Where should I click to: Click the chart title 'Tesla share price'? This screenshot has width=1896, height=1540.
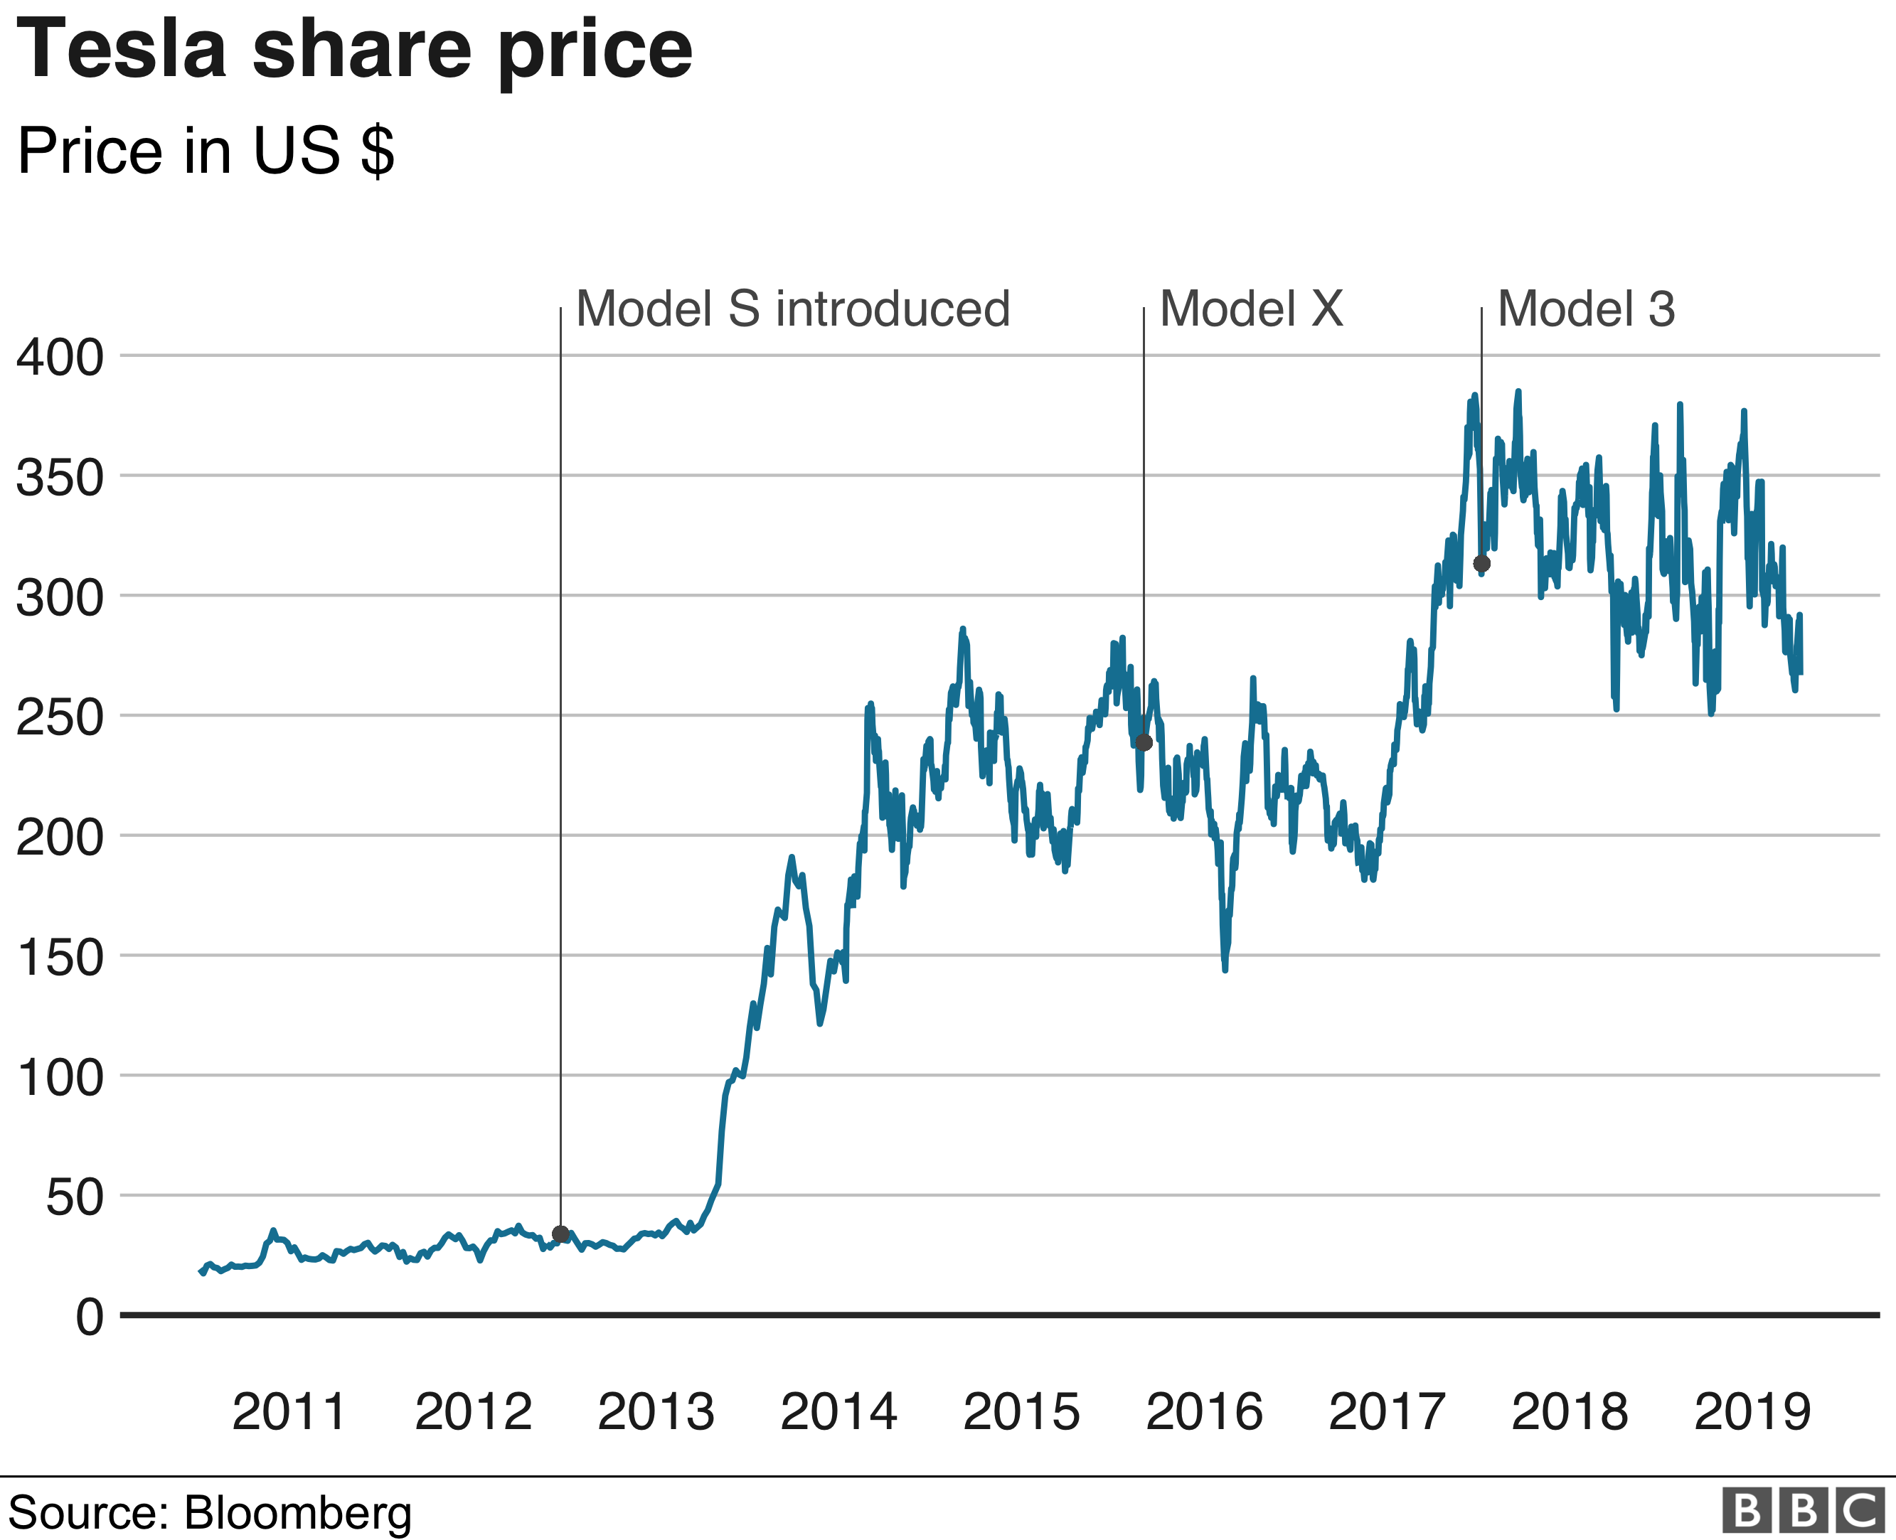[x=354, y=50]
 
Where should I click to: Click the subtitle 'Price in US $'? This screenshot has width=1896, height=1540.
[x=205, y=151]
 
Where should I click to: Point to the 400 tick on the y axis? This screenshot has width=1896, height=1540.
[x=60, y=358]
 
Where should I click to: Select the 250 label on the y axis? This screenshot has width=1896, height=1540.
[x=60, y=717]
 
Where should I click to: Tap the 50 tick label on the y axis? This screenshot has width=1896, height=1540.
[x=75, y=1197]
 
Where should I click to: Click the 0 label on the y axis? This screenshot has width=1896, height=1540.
[x=90, y=1317]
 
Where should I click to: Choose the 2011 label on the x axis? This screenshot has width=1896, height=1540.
[x=289, y=1411]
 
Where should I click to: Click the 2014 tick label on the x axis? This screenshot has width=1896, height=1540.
[x=838, y=1411]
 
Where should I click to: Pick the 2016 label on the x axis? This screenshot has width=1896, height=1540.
[x=1204, y=1411]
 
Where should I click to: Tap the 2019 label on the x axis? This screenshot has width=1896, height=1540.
[x=1752, y=1411]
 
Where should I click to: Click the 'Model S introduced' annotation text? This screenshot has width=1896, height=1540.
[x=792, y=309]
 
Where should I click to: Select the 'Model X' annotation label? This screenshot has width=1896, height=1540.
[x=1251, y=309]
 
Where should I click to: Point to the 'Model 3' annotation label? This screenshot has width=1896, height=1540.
[x=1587, y=309]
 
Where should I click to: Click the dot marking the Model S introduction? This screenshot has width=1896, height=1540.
[x=560, y=1234]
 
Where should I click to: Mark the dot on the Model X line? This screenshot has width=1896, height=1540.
[x=1144, y=742]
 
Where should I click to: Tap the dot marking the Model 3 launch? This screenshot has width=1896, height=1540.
[x=1481, y=563]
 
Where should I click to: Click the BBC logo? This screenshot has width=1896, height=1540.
[x=1803, y=1511]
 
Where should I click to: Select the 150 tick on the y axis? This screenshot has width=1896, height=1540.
[x=60, y=957]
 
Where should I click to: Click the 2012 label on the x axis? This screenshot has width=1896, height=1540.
[x=473, y=1411]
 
